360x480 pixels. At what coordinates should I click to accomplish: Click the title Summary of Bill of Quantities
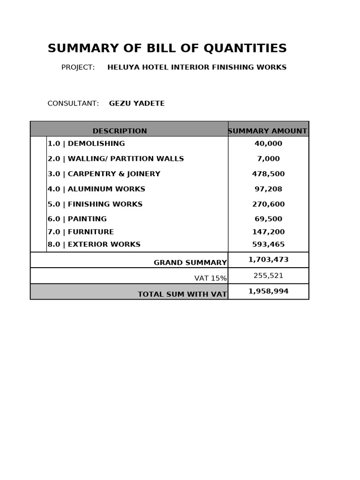click(x=167, y=48)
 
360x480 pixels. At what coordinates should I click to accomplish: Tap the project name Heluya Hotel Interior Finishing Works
click(x=197, y=67)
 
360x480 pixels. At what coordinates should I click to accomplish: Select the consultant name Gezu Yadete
click(x=137, y=104)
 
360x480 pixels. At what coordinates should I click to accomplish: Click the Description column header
click(x=120, y=131)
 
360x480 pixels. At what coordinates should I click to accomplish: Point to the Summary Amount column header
click(x=268, y=131)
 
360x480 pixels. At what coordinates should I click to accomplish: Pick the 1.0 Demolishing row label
click(x=86, y=143)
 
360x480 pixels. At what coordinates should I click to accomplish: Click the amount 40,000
click(x=268, y=143)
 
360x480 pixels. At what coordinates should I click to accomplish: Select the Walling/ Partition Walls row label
click(x=116, y=159)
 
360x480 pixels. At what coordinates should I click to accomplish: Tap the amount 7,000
click(x=268, y=159)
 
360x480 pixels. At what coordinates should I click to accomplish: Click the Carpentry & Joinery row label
click(x=104, y=174)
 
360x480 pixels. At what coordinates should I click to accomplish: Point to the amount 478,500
click(x=268, y=174)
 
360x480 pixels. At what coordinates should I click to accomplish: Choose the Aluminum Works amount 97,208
click(x=268, y=189)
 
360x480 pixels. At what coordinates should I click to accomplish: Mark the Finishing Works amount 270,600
click(x=268, y=204)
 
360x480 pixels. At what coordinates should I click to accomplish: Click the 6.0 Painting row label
click(x=77, y=219)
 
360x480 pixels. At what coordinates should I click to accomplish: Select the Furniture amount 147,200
click(x=268, y=232)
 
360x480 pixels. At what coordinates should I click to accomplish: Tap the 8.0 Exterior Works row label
click(x=94, y=244)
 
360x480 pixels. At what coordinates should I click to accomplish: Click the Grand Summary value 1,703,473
click(x=268, y=259)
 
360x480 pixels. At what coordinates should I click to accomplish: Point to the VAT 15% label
click(x=210, y=278)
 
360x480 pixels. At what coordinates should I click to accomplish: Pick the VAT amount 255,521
click(x=268, y=276)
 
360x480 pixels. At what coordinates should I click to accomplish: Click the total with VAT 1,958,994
click(x=268, y=291)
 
